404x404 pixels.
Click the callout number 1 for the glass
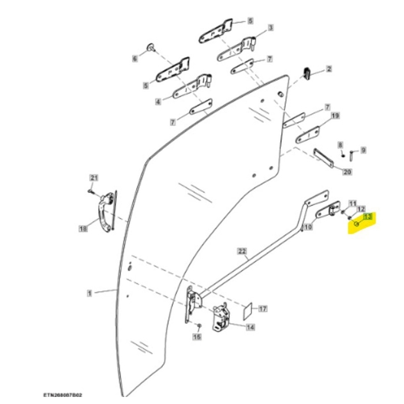pos(89,293)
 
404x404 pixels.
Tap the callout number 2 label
pos(329,69)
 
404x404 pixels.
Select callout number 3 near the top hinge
pos(270,28)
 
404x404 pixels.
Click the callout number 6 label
pos(134,59)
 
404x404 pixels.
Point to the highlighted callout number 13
pos(366,217)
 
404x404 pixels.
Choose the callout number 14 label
pos(250,328)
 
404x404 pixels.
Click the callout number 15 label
pos(197,336)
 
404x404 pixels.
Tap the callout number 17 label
pos(263,309)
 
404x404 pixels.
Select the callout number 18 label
pos(83,229)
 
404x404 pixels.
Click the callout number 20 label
pos(347,171)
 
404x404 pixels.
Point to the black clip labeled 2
pos(308,73)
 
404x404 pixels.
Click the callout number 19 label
pos(335,116)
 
